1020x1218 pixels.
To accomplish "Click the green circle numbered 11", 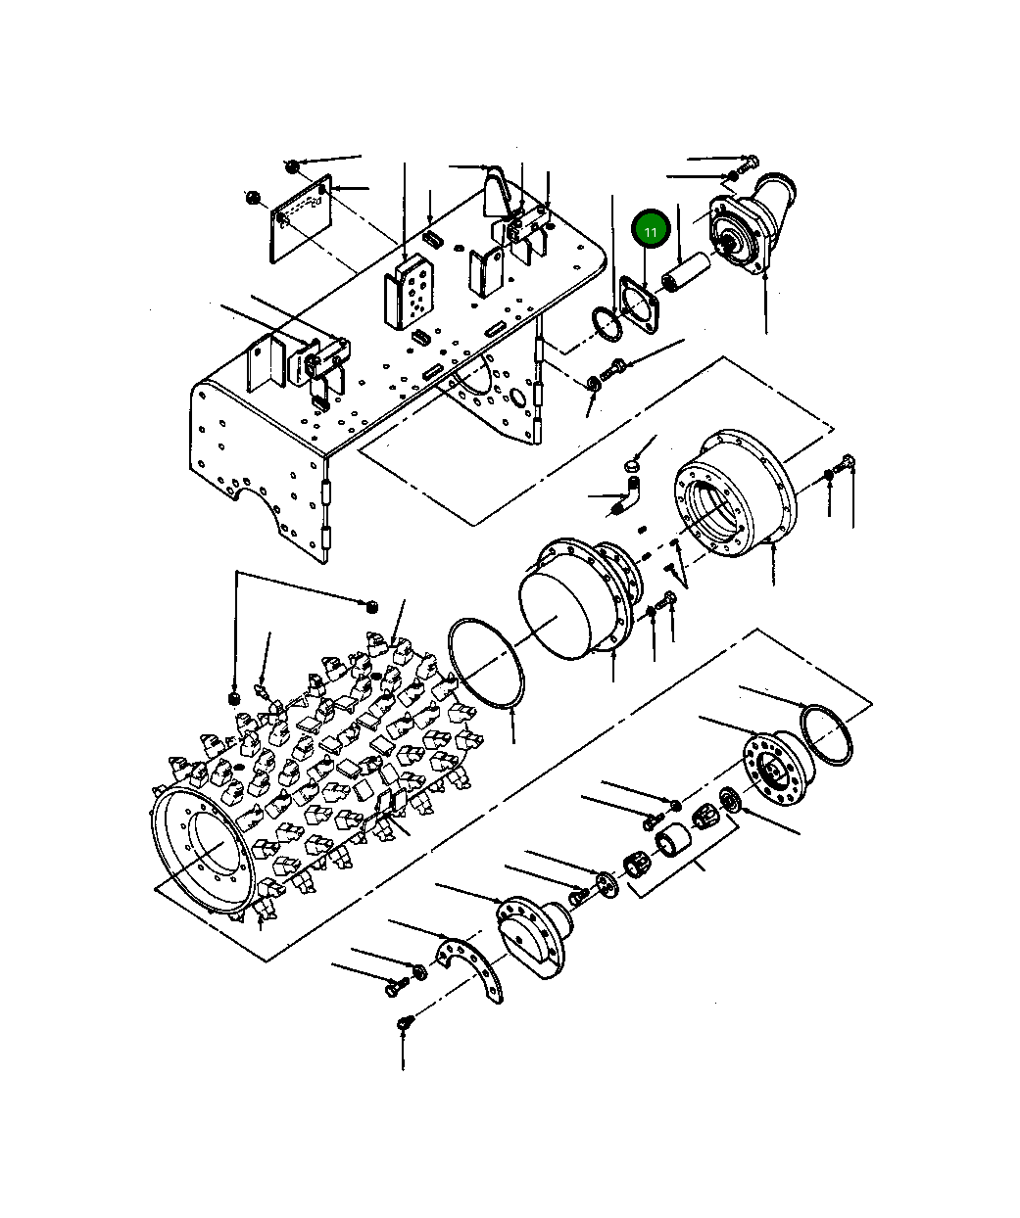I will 651,230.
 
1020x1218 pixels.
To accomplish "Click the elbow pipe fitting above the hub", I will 631,492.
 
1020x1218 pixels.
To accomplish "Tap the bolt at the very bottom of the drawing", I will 403,1024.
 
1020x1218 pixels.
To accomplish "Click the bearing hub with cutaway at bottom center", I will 534,937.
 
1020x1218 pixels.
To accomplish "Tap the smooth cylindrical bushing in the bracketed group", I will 672,841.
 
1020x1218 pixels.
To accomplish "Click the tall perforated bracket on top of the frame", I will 408,292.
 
